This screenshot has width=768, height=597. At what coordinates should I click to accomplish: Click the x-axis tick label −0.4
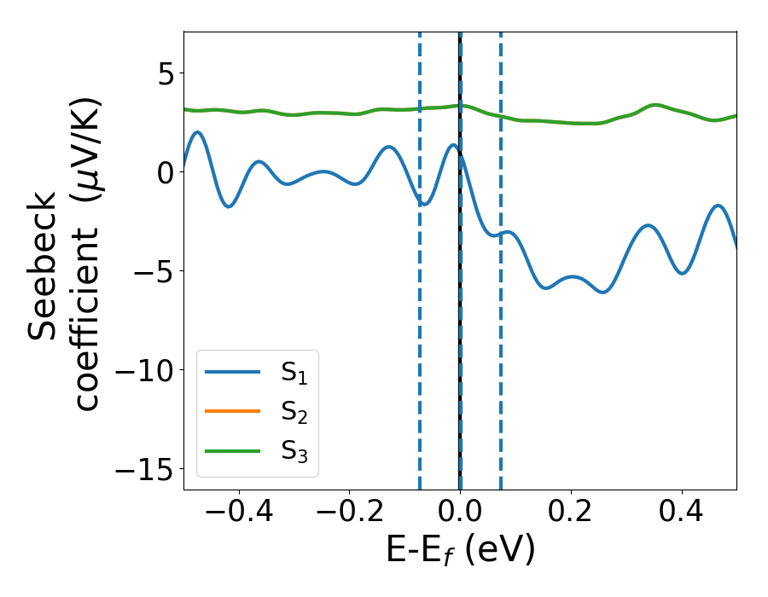(238, 513)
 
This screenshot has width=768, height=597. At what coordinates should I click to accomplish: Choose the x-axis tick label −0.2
(349, 513)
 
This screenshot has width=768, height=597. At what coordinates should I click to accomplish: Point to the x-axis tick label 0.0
(460, 513)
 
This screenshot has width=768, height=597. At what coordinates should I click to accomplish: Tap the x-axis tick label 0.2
(571, 513)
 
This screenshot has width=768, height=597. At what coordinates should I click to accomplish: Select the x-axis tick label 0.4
(682, 513)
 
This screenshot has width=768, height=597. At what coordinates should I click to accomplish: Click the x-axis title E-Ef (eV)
(460, 551)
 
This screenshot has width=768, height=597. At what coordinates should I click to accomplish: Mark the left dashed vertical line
(420, 341)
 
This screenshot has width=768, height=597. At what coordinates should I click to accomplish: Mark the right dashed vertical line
(500, 341)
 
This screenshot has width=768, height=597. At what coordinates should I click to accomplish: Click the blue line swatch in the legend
(233, 372)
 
